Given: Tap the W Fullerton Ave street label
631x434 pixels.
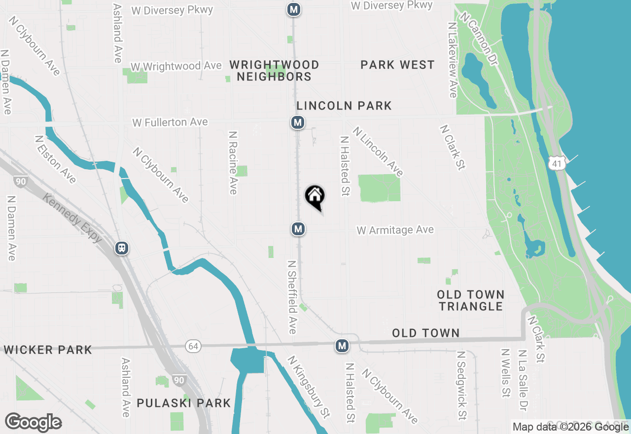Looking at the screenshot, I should (x=170, y=122).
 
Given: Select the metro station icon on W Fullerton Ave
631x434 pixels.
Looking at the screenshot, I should (x=297, y=122).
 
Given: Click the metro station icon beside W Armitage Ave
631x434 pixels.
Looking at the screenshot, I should (x=298, y=229).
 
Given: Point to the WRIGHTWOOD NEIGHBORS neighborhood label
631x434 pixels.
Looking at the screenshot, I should (x=275, y=71).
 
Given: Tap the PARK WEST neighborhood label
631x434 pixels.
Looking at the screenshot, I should (x=397, y=65).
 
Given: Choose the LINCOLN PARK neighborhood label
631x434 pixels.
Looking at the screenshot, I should (x=344, y=106).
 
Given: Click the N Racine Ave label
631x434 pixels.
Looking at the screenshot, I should (x=234, y=162).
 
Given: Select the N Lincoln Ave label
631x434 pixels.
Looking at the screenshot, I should (x=378, y=151).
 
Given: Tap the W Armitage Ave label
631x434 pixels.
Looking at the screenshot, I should (x=395, y=230).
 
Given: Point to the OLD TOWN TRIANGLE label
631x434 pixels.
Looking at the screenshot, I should (x=471, y=300).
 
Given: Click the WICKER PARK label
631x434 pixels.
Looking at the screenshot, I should (x=47, y=350).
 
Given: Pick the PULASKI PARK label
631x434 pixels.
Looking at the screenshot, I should (x=184, y=403).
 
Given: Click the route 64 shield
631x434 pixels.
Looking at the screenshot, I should (x=193, y=346).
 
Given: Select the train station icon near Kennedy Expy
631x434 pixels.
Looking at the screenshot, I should (x=122, y=248).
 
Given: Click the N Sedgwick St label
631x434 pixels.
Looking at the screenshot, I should (x=461, y=385).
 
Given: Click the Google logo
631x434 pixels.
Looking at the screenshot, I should (x=33, y=422).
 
